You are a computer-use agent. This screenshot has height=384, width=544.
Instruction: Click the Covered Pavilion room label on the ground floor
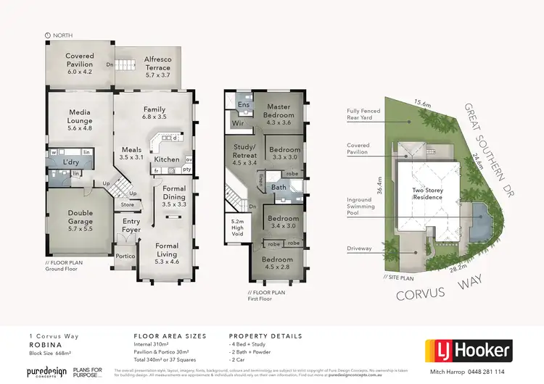pyautogui.click(x=80, y=60)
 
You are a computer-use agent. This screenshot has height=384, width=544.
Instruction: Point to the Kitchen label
pyautogui.click(x=166, y=159)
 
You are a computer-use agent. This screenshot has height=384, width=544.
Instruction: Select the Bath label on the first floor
pyautogui.click(x=279, y=188)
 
